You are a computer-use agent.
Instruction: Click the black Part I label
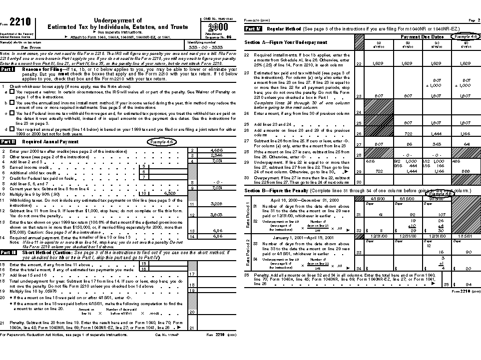[x=7, y=69]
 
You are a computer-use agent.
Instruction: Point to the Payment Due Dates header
[x=422, y=37]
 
